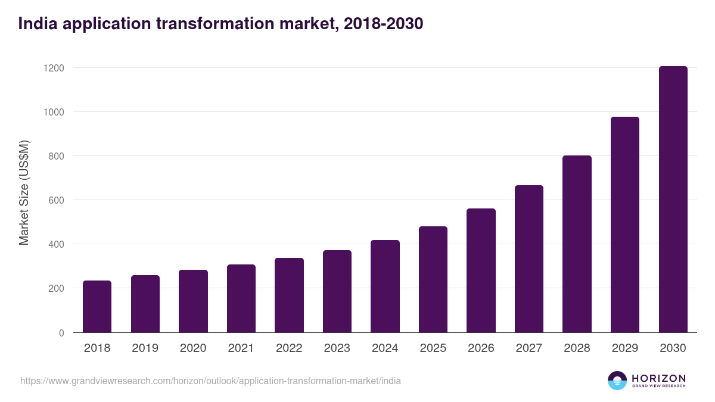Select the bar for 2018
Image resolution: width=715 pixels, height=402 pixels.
[97, 307]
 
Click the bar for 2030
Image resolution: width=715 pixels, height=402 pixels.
[673, 200]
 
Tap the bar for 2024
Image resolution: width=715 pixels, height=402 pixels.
[385, 286]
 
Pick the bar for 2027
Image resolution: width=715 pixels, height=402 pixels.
[529, 259]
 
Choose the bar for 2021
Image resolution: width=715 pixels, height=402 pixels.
[241, 298]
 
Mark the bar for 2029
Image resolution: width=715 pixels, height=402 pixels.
[625, 225]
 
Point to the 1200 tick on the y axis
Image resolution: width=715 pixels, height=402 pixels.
[54, 68]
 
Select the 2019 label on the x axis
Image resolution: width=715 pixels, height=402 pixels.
[145, 348]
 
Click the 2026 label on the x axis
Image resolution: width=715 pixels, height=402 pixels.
[481, 348]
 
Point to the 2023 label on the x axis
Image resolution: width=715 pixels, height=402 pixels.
[337, 348]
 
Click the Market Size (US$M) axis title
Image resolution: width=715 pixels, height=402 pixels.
[24, 192]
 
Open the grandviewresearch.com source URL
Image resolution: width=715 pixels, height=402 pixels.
[210, 381]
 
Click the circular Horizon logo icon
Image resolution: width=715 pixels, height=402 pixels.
[617, 381]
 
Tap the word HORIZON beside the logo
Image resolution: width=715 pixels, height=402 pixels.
[658, 378]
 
